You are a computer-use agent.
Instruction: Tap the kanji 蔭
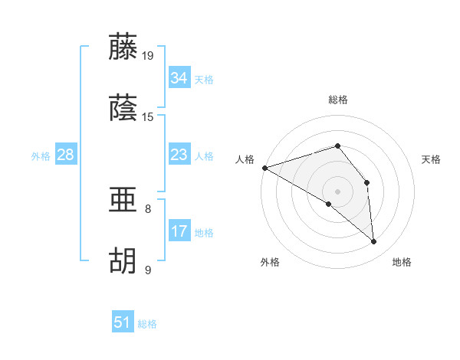point(123,108)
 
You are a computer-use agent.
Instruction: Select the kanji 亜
point(123,200)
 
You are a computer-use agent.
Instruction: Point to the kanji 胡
point(123,261)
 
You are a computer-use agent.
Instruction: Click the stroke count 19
point(148,55)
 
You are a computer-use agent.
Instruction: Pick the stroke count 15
point(148,117)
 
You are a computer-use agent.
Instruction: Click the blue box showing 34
point(179,77)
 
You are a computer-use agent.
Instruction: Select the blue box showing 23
point(179,155)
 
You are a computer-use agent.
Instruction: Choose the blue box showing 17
point(179,231)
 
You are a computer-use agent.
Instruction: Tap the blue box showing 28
point(66,155)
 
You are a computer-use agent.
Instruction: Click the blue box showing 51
point(123,322)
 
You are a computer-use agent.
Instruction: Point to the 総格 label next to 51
point(147,324)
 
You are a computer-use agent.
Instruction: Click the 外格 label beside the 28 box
point(41,156)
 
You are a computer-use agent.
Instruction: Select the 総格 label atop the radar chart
point(337,100)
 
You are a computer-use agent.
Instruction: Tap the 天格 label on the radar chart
point(432,160)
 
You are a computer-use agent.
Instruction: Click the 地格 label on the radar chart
point(402,263)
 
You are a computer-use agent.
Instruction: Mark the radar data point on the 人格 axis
point(264,167)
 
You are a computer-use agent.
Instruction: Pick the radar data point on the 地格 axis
point(374,241)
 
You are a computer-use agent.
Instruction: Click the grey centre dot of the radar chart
point(337,191)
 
